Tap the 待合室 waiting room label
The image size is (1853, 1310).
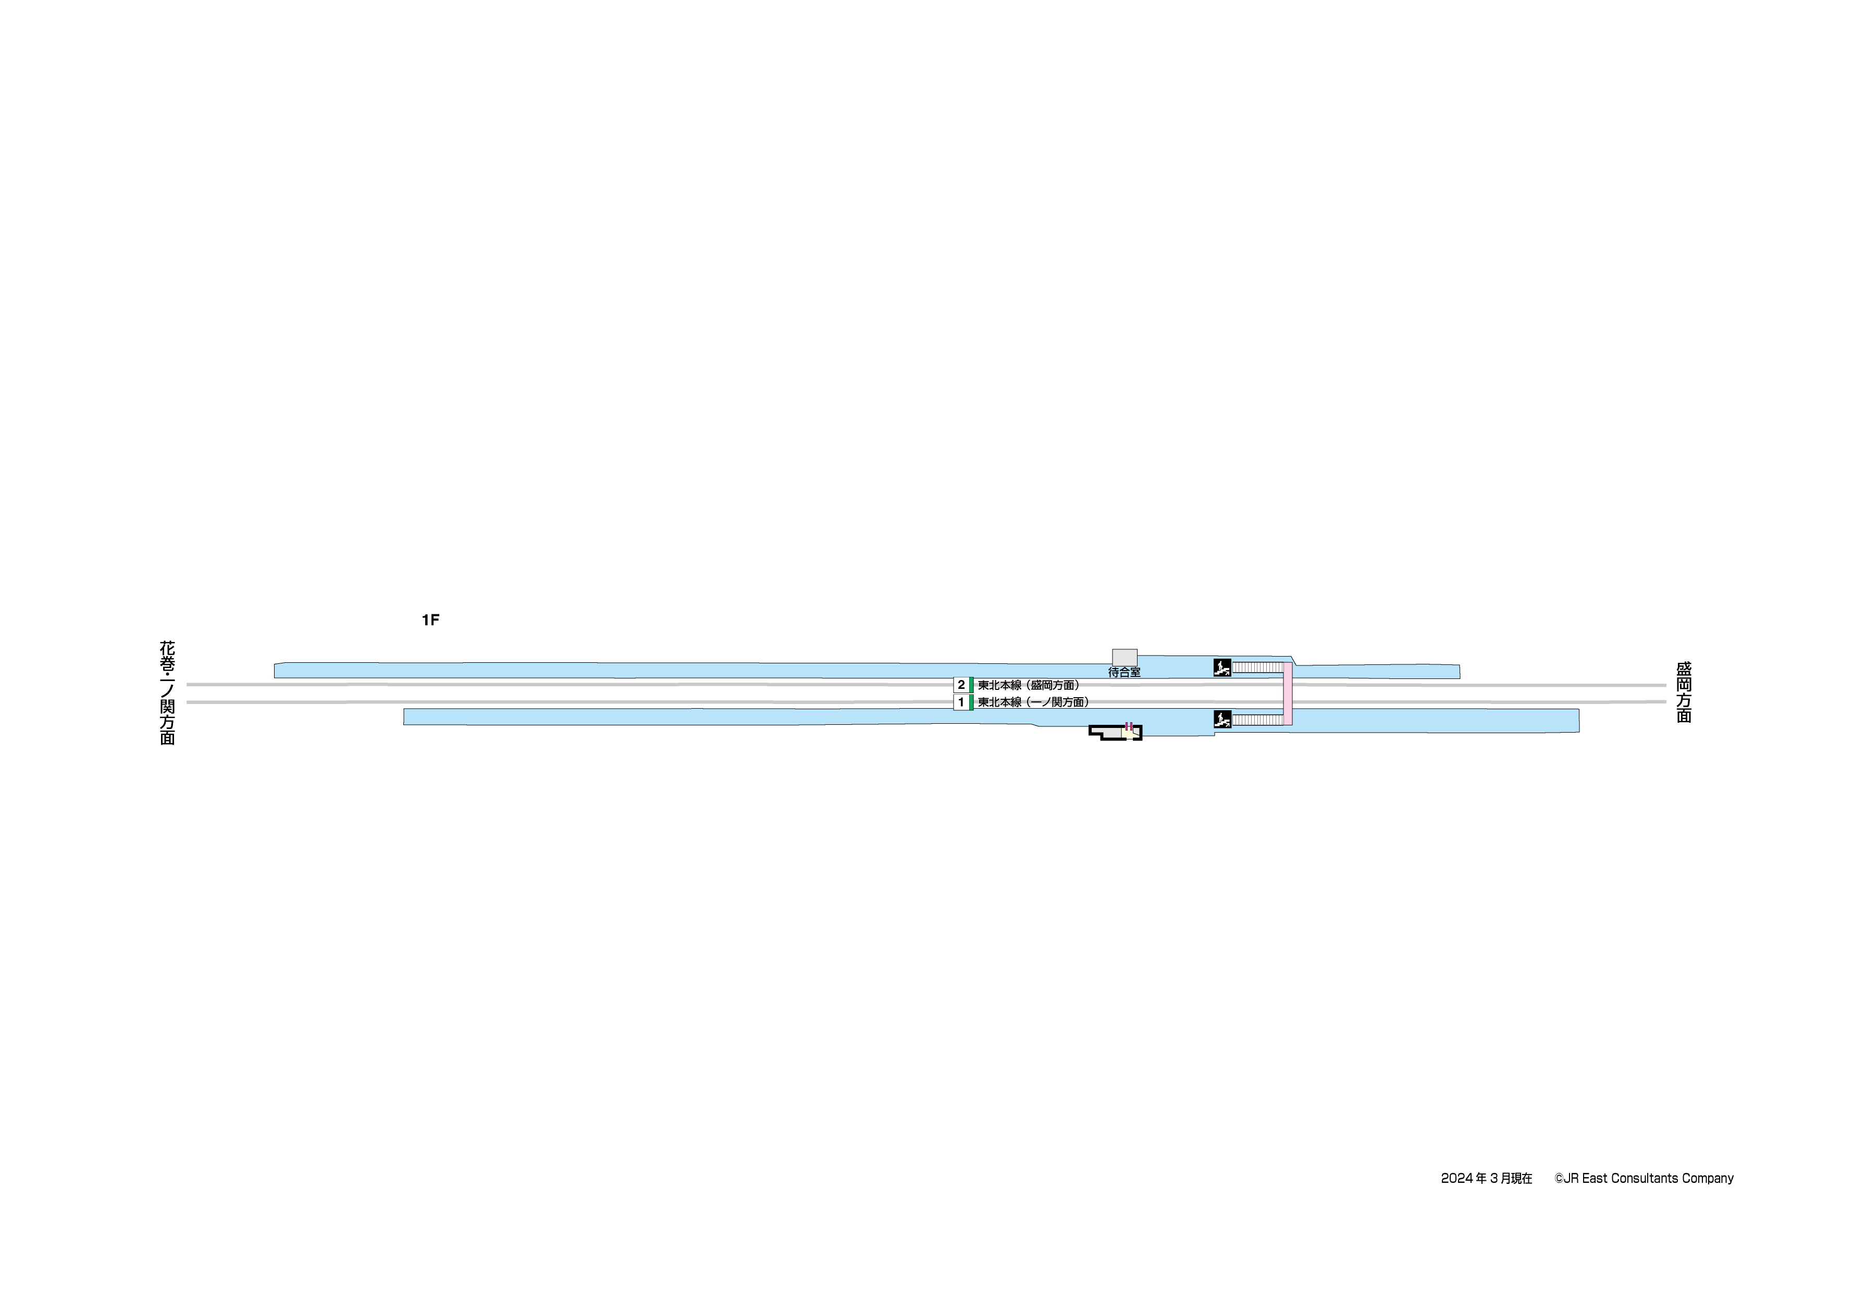[1124, 672]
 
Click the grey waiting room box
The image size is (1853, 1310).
[1124, 657]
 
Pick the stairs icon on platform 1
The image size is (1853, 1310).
[1222, 719]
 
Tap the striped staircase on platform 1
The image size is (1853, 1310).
[1257, 719]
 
